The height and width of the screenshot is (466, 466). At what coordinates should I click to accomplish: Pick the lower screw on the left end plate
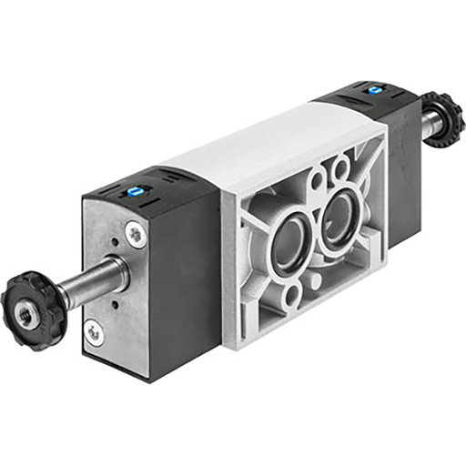pyautogui.click(x=93, y=331)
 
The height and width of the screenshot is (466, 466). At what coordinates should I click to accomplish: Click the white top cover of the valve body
pyautogui.click(x=264, y=146)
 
